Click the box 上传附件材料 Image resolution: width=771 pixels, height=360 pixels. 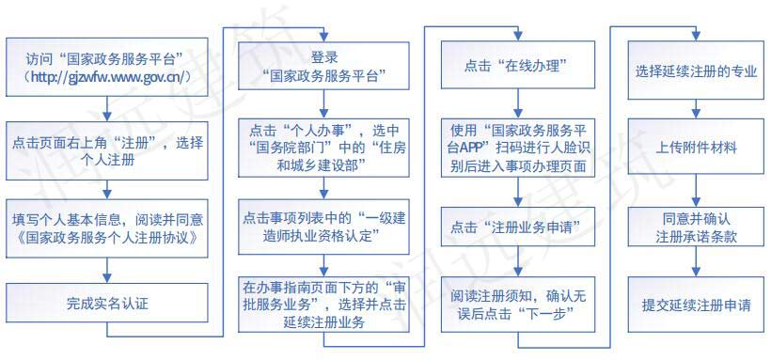click(x=696, y=148)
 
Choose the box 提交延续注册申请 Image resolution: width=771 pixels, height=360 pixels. click(x=696, y=305)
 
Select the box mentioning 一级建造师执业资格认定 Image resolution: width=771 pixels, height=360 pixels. click(x=317, y=226)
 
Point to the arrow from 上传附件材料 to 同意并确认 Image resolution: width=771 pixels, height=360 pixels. click(x=696, y=188)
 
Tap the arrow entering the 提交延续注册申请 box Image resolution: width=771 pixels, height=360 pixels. click(x=696, y=267)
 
